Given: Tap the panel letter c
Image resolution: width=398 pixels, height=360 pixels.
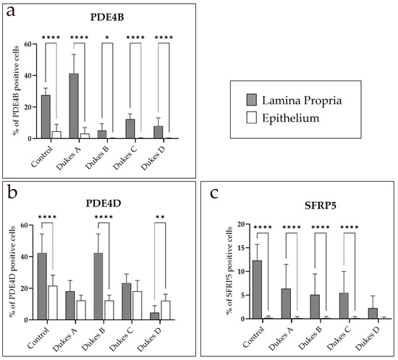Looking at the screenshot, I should coord(214,193).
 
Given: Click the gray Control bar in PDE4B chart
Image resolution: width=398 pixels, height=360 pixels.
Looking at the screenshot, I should coord(46,117).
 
